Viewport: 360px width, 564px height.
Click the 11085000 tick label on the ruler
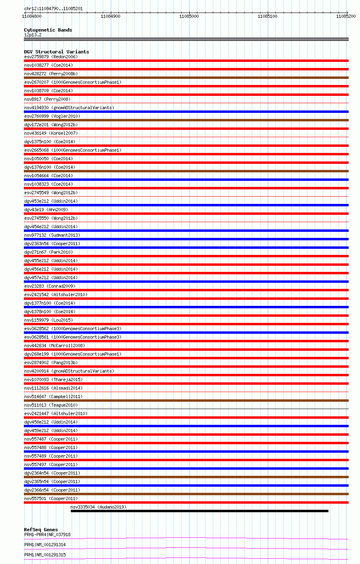coord(189,16)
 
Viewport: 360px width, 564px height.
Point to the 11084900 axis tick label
coord(110,16)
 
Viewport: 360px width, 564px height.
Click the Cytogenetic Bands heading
coord(48,30)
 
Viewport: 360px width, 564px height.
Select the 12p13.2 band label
coord(33,35)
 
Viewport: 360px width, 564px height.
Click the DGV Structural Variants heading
coord(56,52)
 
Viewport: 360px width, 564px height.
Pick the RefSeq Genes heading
coord(41,530)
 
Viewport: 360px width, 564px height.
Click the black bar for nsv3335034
coord(199,511)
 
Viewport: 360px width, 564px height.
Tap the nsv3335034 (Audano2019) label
coord(98,507)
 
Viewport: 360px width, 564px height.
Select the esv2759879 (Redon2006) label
coord(51,57)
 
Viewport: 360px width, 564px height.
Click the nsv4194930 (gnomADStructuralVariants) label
coord(69,108)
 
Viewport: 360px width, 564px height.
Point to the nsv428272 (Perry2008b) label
coord(51,74)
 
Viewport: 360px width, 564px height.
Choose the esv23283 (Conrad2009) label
coord(50,286)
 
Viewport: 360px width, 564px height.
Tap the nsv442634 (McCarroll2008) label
coord(55,346)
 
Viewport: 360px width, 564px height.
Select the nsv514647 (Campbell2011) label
coord(53,396)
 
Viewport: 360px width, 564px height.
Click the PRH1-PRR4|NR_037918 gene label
coord(47,534)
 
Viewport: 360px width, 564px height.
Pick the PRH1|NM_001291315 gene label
coord(45,555)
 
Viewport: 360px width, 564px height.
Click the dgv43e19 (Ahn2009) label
coord(46,210)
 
